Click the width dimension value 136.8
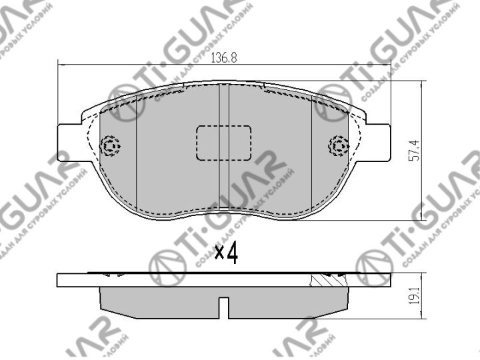click(x=224, y=57)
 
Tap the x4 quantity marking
click(x=227, y=253)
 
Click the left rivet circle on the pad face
click(x=109, y=146)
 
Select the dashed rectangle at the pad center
click(x=223, y=143)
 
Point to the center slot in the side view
click(x=224, y=307)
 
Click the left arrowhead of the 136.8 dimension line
click(x=62, y=64)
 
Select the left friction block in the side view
click(x=160, y=301)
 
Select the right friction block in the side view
click(x=287, y=301)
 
